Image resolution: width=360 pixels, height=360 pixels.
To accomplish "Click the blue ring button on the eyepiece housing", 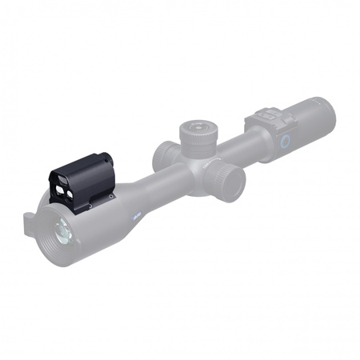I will pyautogui.click(x=284, y=141).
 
